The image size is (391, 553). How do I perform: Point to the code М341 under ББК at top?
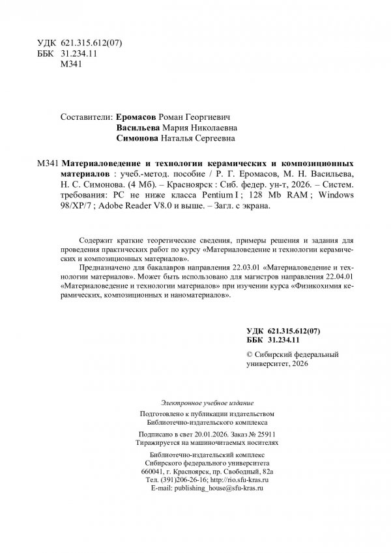pos(69,66)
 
